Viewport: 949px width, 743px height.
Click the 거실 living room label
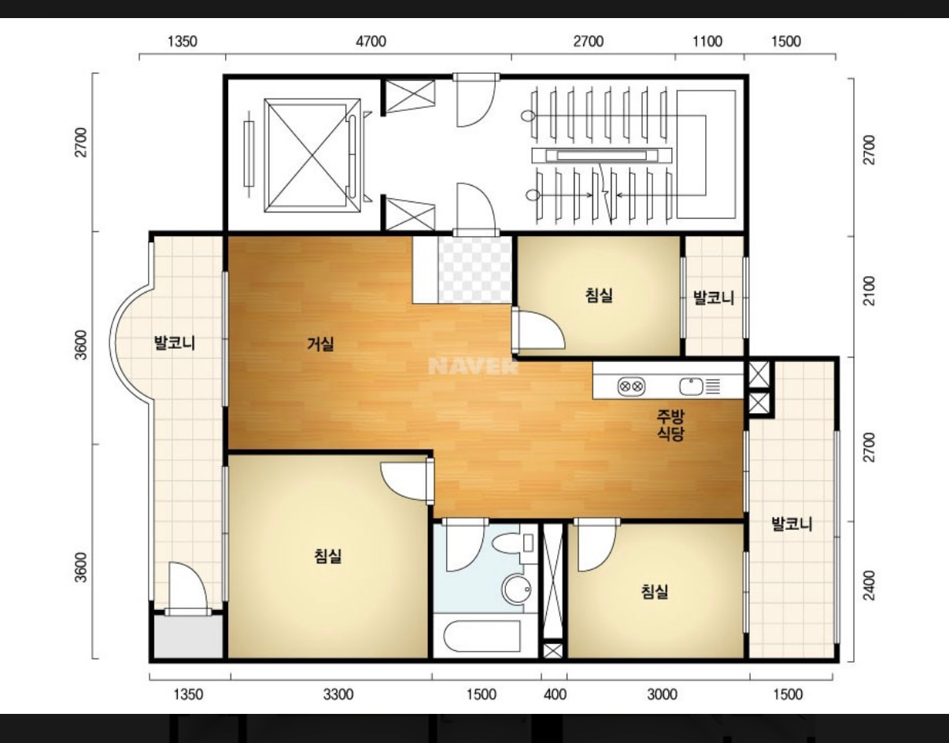[x=320, y=344]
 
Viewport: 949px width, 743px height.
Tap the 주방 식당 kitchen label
[x=670, y=425]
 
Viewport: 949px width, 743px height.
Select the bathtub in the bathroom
[x=482, y=636]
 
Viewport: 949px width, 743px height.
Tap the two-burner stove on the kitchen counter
[x=632, y=386]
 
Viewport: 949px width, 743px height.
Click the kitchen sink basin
[x=690, y=386]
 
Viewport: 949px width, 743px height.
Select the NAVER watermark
[x=473, y=366]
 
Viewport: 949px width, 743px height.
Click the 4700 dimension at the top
[x=371, y=42]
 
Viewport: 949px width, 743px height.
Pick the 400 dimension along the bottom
[x=555, y=694]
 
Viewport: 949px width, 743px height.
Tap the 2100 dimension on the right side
[x=870, y=291]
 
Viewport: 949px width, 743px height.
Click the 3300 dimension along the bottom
[x=338, y=694]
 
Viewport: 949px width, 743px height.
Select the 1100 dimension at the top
[x=707, y=42]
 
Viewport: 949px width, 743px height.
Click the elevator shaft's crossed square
[x=312, y=156]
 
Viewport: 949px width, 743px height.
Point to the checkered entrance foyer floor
[x=474, y=269]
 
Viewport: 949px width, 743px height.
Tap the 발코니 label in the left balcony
[x=174, y=343]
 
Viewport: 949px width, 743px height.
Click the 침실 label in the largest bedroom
[x=327, y=556]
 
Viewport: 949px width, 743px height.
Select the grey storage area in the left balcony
[x=188, y=637]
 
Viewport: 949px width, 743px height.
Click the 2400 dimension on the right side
[x=870, y=586]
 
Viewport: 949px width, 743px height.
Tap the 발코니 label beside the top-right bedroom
[x=714, y=298]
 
